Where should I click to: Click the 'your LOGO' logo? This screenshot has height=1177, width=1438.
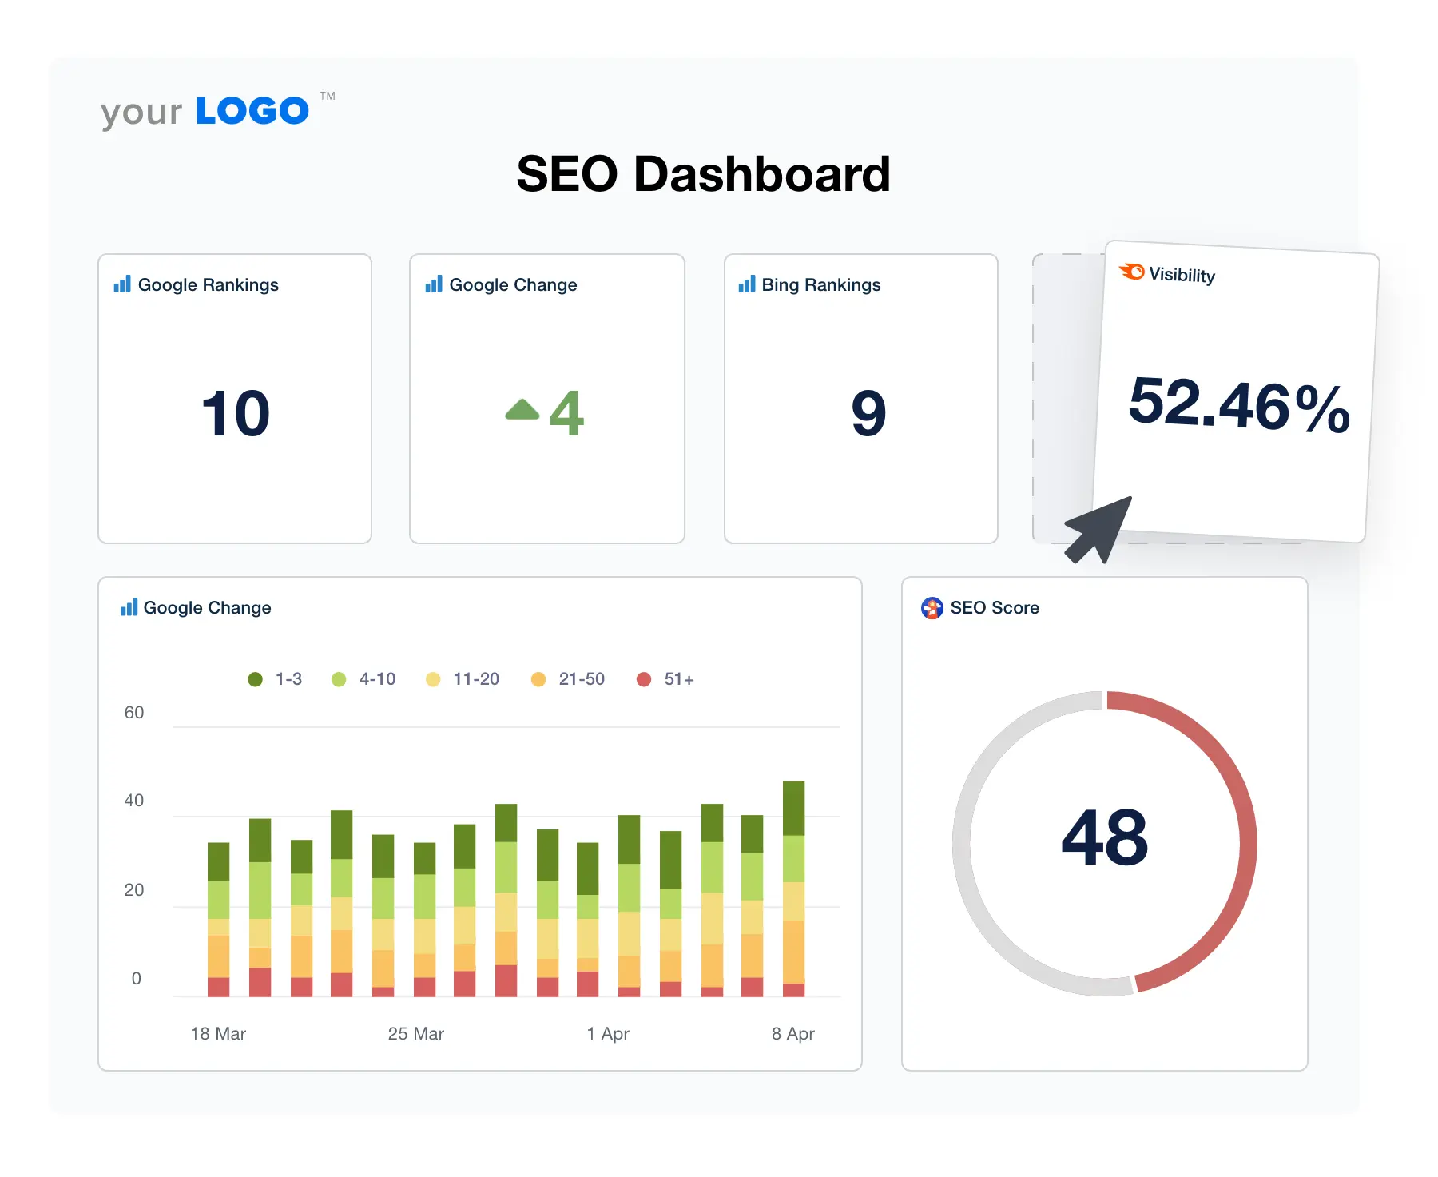(x=205, y=111)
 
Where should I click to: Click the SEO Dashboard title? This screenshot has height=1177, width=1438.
(x=703, y=174)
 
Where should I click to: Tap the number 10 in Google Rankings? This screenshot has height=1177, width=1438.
(x=235, y=413)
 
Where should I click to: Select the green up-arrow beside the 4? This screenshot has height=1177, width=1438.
(x=522, y=410)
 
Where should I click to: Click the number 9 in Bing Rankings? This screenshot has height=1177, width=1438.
(x=868, y=413)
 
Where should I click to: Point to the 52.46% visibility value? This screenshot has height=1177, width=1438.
(x=1238, y=405)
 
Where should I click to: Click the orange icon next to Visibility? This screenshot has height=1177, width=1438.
(x=1131, y=272)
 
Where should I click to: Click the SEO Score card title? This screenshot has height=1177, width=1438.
(x=994, y=608)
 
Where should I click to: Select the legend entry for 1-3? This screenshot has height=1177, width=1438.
(x=276, y=679)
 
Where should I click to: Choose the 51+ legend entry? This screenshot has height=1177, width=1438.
(x=665, y=679)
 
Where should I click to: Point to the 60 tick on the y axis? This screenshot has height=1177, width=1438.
(x=134, y=713)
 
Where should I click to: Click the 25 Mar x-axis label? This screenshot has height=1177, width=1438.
(x=415, y=1034)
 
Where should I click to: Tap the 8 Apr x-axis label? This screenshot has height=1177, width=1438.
(x=792, y=1034)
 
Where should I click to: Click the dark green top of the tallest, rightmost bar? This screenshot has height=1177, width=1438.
(x=793, y=807)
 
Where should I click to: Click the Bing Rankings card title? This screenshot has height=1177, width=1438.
(x=820, y=285)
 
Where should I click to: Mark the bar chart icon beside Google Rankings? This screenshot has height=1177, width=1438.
(x=122, y=284)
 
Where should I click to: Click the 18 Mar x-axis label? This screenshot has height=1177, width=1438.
(x=218, y=1034)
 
